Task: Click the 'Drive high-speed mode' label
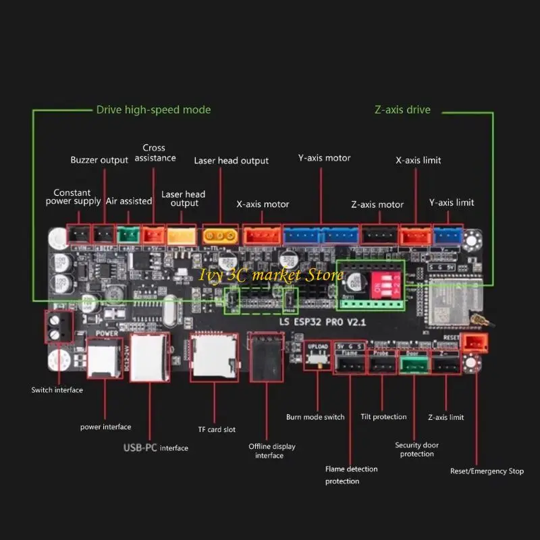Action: (x=153, y=109)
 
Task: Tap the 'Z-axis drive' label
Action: (x=402, y=109)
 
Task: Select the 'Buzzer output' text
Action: (x=99, y=160)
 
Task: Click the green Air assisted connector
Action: (x=127, y=234)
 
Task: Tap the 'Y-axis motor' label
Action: (x=324, y=158)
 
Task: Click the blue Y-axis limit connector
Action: (x=445, y=235)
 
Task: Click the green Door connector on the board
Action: (x=412, y=364)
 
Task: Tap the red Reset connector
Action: (x=477, y=343)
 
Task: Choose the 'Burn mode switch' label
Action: (x=315, y=417)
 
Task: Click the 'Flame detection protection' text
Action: (x=351, y=475)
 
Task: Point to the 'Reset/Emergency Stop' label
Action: (x=487, y=471)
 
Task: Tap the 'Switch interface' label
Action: (x=57, y=390)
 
